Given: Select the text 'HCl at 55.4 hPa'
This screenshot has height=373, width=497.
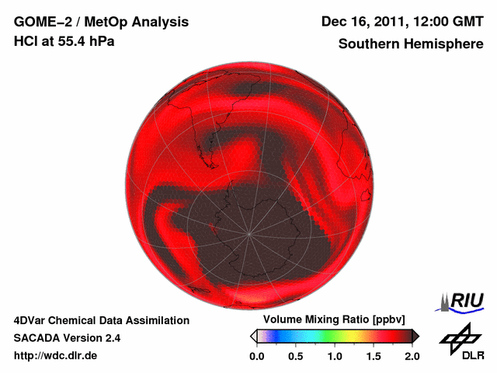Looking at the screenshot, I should (64, 41).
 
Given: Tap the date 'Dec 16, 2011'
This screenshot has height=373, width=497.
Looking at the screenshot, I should (361, 22).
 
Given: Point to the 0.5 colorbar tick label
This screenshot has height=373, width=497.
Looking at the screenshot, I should (295, 356).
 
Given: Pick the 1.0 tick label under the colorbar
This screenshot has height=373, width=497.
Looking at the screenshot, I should (334, 356).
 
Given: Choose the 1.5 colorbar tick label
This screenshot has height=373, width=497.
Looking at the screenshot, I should (373, 356).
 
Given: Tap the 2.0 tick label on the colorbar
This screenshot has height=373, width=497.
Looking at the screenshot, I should (412, 356).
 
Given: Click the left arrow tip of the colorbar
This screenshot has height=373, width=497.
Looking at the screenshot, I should (252, 336).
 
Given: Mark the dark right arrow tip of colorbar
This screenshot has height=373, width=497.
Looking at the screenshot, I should (415, 336).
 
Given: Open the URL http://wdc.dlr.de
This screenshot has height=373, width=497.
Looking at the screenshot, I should (56, 356).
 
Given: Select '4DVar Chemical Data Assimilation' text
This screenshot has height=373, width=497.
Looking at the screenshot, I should (101, 320).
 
